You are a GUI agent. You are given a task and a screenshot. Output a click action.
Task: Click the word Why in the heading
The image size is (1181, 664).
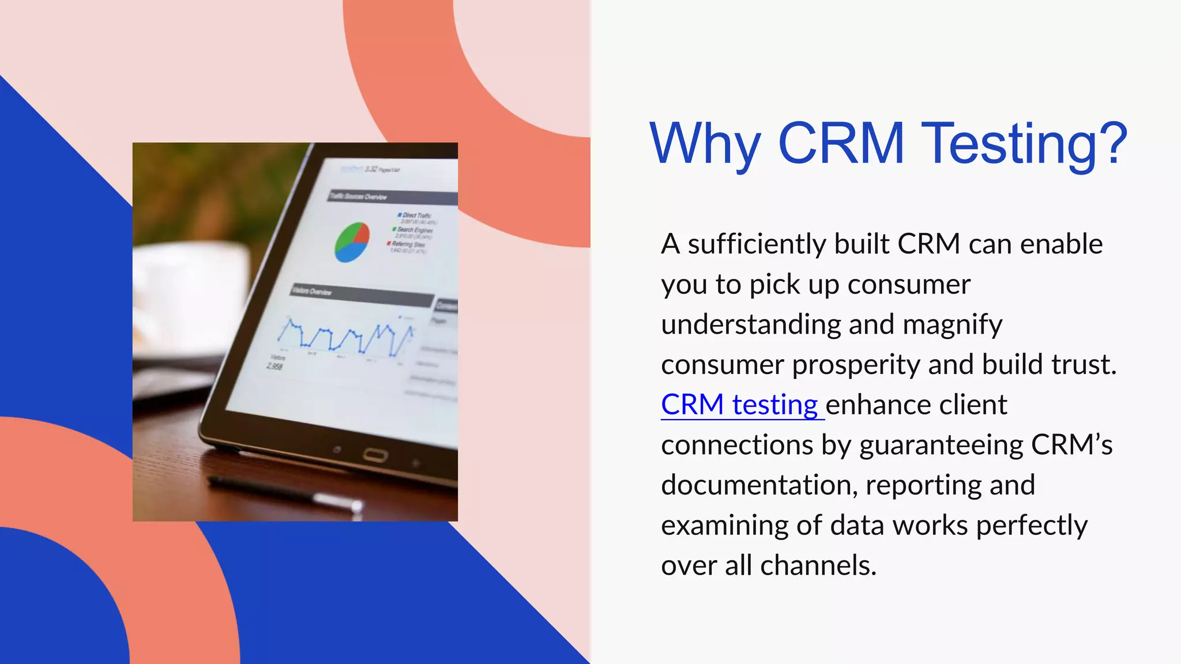click(x=705, y=144)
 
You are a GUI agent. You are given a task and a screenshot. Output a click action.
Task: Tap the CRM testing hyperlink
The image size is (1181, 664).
click(x=739, y=405)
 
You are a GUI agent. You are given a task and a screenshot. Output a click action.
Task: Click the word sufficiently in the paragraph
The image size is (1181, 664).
click(x=757, y=244)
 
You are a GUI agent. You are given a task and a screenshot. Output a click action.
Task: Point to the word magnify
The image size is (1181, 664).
click(x=952, y=325)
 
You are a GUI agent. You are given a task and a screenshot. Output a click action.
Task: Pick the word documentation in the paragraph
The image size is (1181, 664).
click(x=755, y=485)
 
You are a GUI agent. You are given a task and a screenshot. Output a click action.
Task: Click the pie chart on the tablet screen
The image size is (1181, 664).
click(x=352, y=242)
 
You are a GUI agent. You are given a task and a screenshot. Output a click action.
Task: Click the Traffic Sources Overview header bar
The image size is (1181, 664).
click(x=392, y=197)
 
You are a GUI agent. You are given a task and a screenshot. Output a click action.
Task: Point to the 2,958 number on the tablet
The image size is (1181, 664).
click(x=275, y=367)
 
